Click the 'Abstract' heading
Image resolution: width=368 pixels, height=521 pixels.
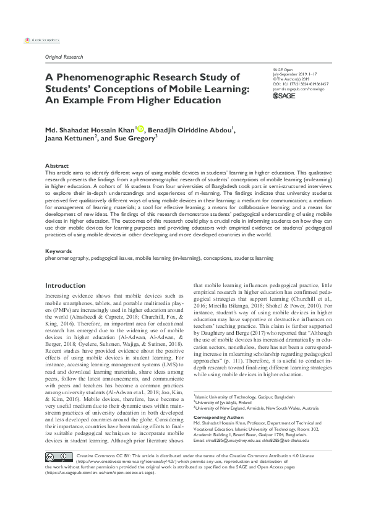point(56,166)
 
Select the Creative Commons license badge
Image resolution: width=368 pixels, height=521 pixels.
point(57,493)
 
